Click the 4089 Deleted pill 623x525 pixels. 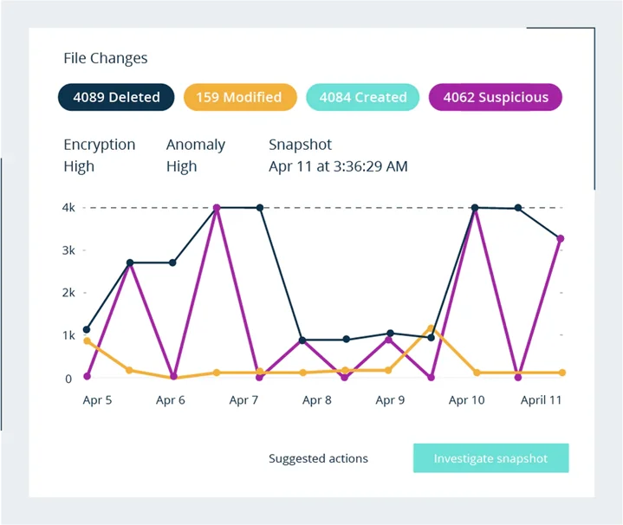tap(116, 97)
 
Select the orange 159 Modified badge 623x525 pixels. tap(238, 97)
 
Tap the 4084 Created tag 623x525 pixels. tap(362, 97)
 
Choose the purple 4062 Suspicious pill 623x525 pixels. tap(496, 97)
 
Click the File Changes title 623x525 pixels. tap(106, 58)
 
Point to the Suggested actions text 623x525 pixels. tap(318, 458)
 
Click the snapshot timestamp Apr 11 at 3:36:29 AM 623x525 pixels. tap(338, 165)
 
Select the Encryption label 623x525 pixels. tap(100, 145)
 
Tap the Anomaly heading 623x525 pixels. tap(196, 145)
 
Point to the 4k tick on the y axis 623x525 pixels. tap(69, 208)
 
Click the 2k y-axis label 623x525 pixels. tap(69, 293)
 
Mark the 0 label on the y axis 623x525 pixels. tap(68, 378)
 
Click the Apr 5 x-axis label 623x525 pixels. tap(97, 400)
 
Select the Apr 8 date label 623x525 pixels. tap(316, 400)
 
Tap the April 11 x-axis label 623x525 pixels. tap(540, 400)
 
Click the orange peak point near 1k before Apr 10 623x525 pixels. tap(431, 328)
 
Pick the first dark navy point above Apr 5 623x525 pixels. tap(87, 329)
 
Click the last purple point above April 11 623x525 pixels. tap(561, 238)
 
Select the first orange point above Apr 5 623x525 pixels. tap(87, 341)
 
